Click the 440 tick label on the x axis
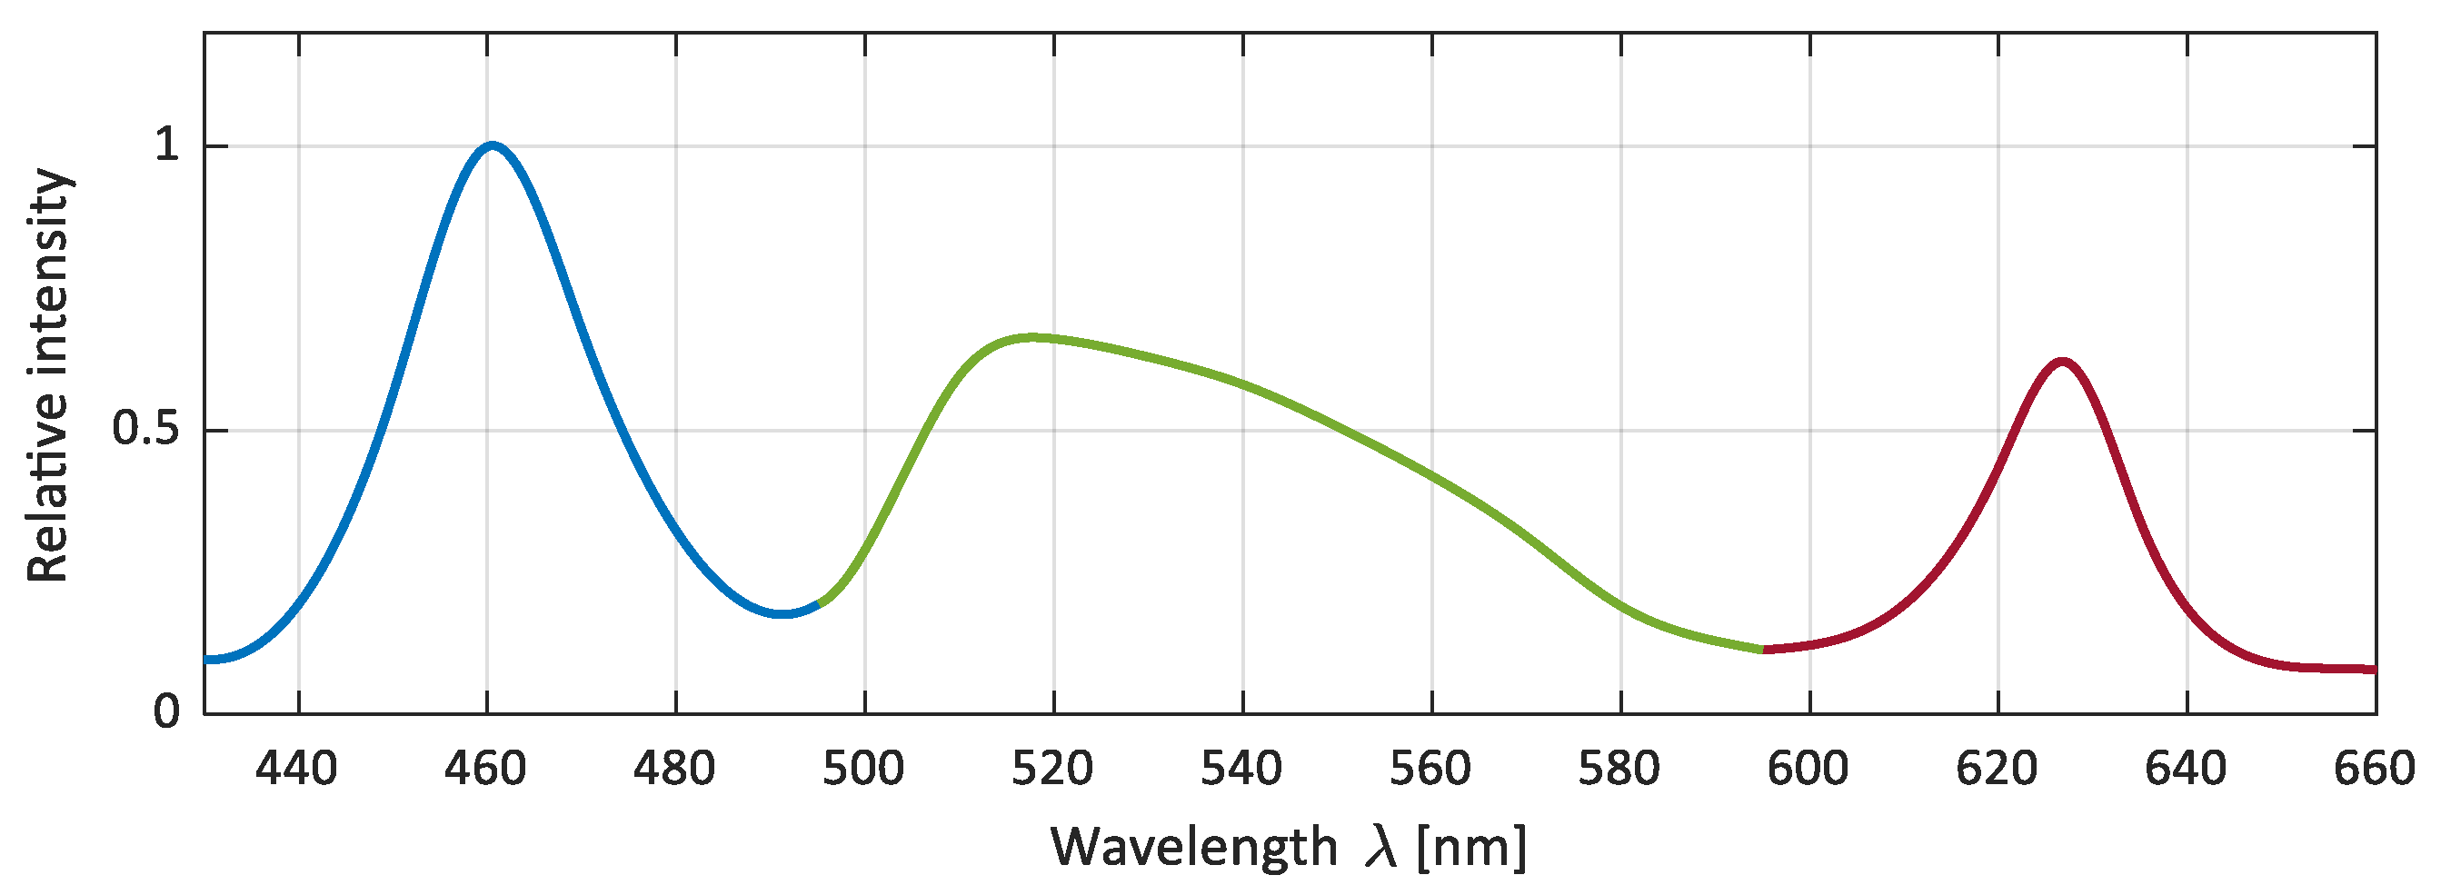pos(296,769)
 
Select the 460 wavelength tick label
pos(485,769)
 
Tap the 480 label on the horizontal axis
pos(674,769)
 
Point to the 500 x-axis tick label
pos(863,769)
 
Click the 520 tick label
pos(1052,769)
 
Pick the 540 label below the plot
pos(1241,769)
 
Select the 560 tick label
pos(1430,769)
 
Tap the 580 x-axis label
pos(1619,769)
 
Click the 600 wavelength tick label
pos(1808,769)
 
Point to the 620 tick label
pos(1998,769)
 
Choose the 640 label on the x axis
pos(2186,769)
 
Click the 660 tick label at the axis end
pos(2375,769)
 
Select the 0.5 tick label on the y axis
pos(144,429)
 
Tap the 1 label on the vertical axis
pos(166,145)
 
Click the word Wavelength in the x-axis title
pos(1194,846)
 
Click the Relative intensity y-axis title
pos(47,374)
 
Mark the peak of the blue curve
pos(491,144)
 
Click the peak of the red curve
pos(2062,362)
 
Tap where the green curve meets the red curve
pos(1763,649)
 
